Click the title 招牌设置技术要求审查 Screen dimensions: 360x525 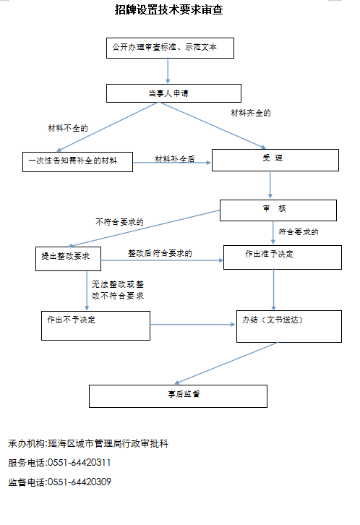(168, 9)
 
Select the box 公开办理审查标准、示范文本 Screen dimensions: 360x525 (170, 48)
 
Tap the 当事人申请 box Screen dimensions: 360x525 (173, 93)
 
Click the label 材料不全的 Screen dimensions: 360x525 (68, 128)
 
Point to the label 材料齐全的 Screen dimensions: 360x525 (251, 113)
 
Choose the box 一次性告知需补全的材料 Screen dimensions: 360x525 (77, 162)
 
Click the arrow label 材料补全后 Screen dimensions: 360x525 (175, 158)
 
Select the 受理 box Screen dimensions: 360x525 (275, 160)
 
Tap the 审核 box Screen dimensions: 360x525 (278, 210)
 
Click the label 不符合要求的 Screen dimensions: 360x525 (119, 222)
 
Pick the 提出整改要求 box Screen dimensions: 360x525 (68, 259)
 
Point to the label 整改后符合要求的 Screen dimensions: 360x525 (160, 253)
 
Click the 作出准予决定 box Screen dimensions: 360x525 (283, 257)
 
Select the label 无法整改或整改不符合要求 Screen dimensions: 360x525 (118, 290)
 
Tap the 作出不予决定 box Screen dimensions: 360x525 (95, 326)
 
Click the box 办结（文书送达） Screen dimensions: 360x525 (289, 326)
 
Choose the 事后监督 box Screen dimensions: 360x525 (178, 396)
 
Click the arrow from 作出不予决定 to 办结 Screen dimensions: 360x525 (192, 325)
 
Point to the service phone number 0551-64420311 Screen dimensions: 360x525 (80, 463)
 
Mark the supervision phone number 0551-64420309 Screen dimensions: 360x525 (80, 482)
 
